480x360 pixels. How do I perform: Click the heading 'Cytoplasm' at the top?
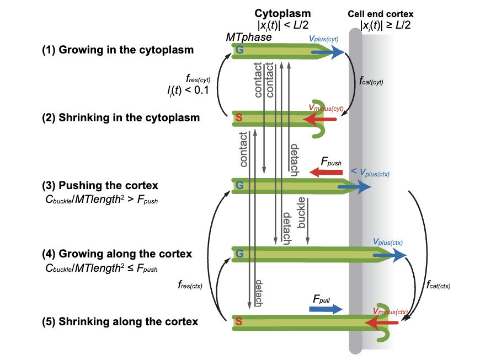tap(282, 13)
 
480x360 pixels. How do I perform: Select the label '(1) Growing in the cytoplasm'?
tap(118, 50)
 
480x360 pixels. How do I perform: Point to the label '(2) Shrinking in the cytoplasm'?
tap(121, 117)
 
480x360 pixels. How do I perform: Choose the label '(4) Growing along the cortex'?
tap(117, 254)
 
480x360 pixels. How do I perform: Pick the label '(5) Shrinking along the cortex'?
tap(120, 321)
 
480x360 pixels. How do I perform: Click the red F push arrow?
tap(326, 173)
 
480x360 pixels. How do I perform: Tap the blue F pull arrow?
tap(326, 310)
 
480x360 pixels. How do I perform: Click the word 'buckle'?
tap(302, 212)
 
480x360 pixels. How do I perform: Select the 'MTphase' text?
tap(249, 37)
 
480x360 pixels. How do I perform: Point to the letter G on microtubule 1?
tap(239, 51)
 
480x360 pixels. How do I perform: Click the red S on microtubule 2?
tap(239, 117)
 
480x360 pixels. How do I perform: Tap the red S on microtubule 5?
tap(239, 321)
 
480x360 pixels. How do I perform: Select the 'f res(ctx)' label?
tap(189, 285)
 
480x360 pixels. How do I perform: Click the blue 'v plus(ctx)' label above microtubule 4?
tap(388, 241)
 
